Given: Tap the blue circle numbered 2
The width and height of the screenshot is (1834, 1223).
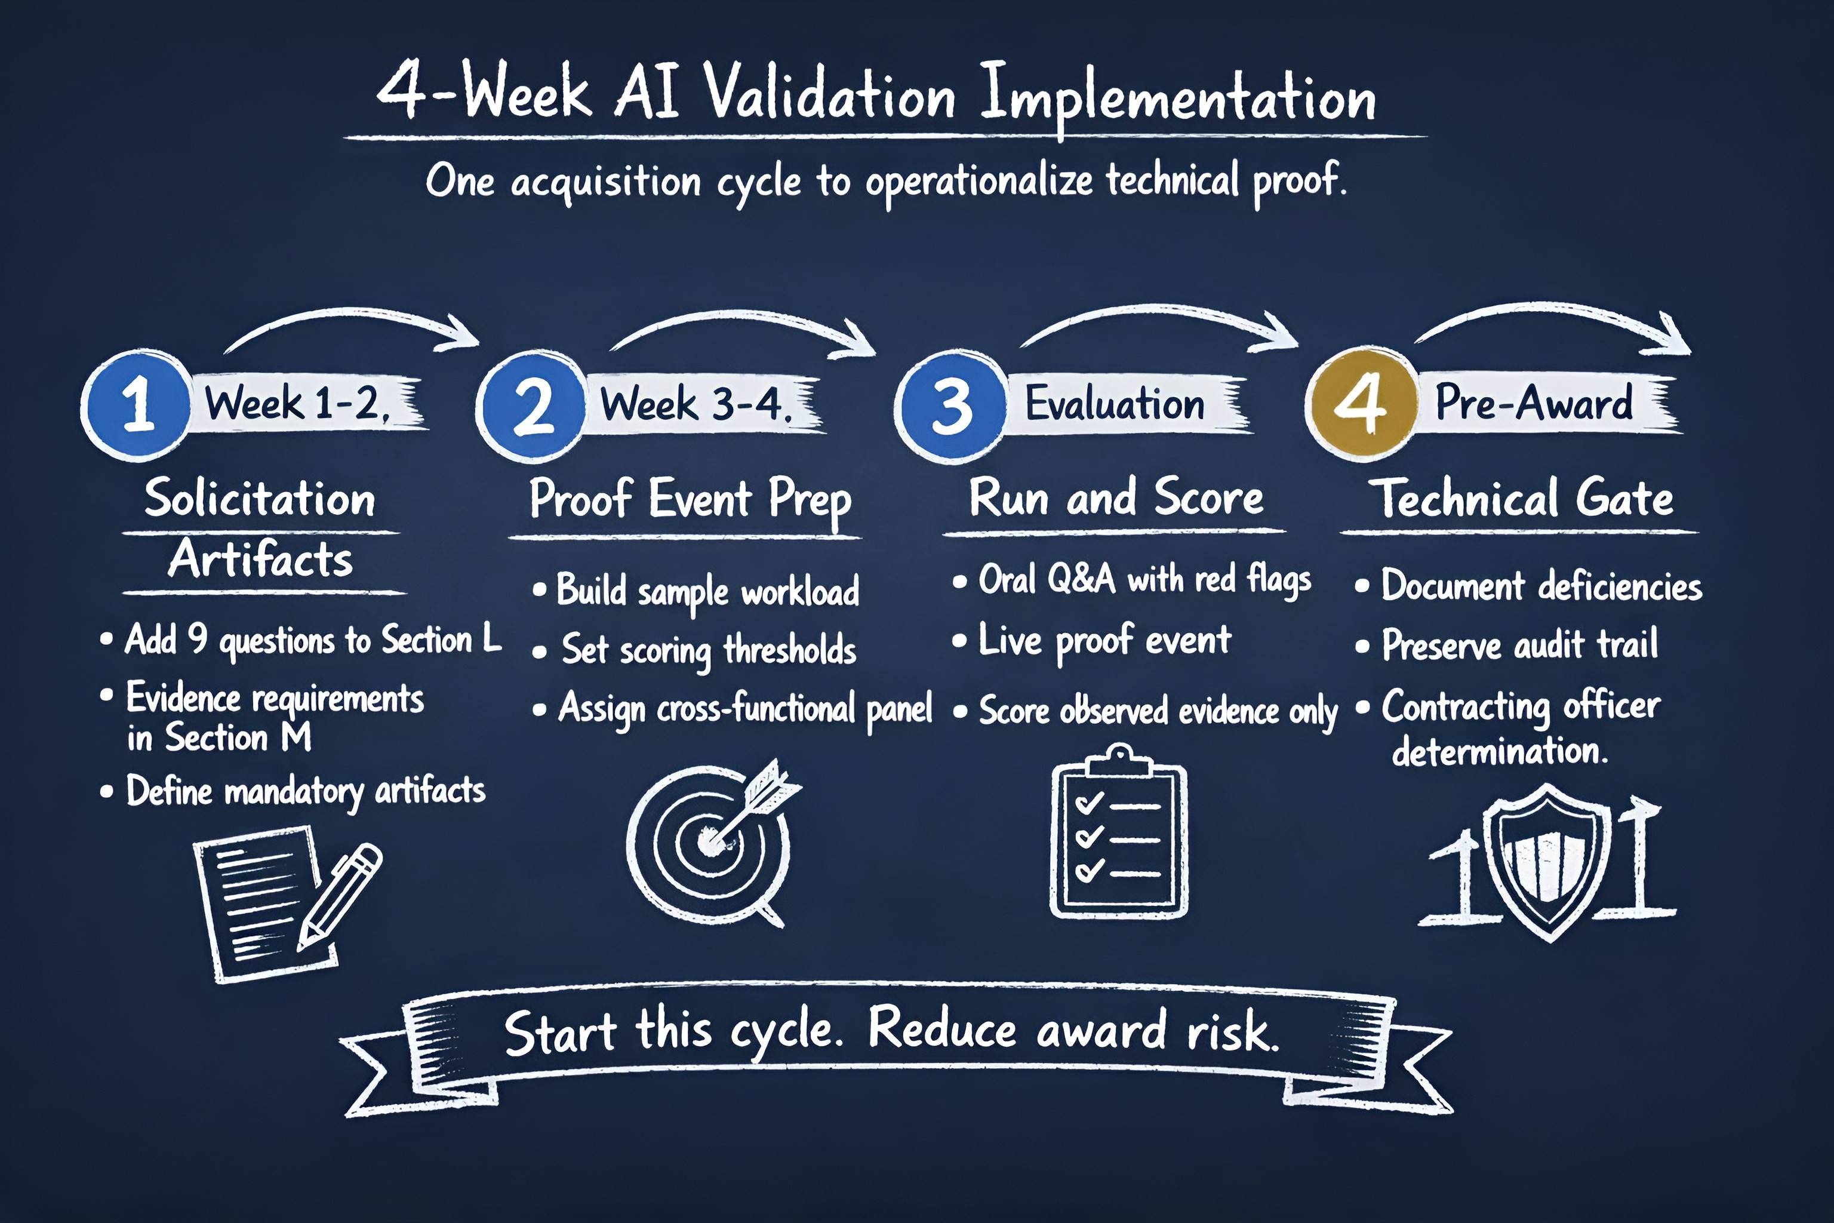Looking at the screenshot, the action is [533, 405].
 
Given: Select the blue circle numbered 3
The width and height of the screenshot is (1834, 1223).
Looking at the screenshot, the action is [951, 405].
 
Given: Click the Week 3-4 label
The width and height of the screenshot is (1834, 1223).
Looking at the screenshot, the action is [696, 404].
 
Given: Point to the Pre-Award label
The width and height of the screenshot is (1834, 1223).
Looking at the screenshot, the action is [1534, 402].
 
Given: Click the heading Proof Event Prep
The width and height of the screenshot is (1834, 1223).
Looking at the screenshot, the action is [690, 499].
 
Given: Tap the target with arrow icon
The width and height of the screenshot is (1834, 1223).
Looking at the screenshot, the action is [713, 843].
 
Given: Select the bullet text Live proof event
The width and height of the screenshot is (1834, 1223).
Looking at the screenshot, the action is [1104, 641].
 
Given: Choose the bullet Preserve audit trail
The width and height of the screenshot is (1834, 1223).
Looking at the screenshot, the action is [1519, 645].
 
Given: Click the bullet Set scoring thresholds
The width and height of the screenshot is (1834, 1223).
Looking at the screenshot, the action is [709, 650].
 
